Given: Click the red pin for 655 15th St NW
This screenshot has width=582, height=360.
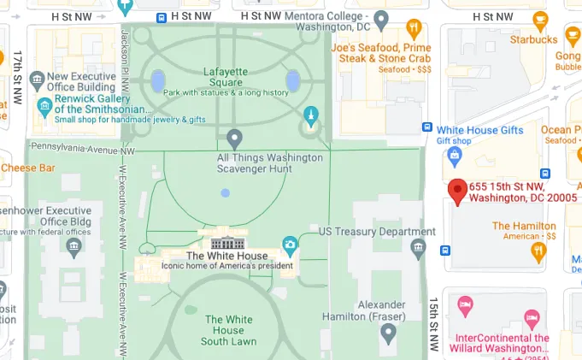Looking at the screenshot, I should pyautogui.click(x=458, y=192).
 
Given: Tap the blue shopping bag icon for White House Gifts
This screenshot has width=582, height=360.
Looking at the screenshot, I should pyautogui.click(x=455, y=155).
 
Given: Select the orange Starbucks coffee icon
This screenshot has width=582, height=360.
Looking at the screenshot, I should pyautogui.click(x=538, y=21).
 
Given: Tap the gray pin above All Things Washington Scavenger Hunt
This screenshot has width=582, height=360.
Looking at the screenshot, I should pyautogui.click(x=235, y=139).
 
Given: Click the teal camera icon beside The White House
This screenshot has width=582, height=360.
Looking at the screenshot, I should pyautogui.click(x=290, y=245).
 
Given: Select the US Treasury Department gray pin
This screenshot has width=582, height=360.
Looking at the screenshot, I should pyautogui.click(x=418, y=248).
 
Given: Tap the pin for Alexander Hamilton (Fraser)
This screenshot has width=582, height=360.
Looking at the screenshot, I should pyautogui.click(x=389, y=332).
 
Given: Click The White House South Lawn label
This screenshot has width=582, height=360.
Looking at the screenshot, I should pyautogui.click(x=228, y=330).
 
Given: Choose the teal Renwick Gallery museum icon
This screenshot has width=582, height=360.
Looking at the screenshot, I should pyautogui.click(x=44, y=107).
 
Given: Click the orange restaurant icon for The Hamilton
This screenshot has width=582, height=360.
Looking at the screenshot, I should pyautogui.click(x=538, y=250).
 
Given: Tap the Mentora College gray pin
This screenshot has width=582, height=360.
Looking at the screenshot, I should pyautogui.click(x=383, y=18).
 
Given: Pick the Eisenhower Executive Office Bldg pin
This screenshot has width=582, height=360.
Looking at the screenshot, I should pyautogui.click(x=72, y=246).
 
